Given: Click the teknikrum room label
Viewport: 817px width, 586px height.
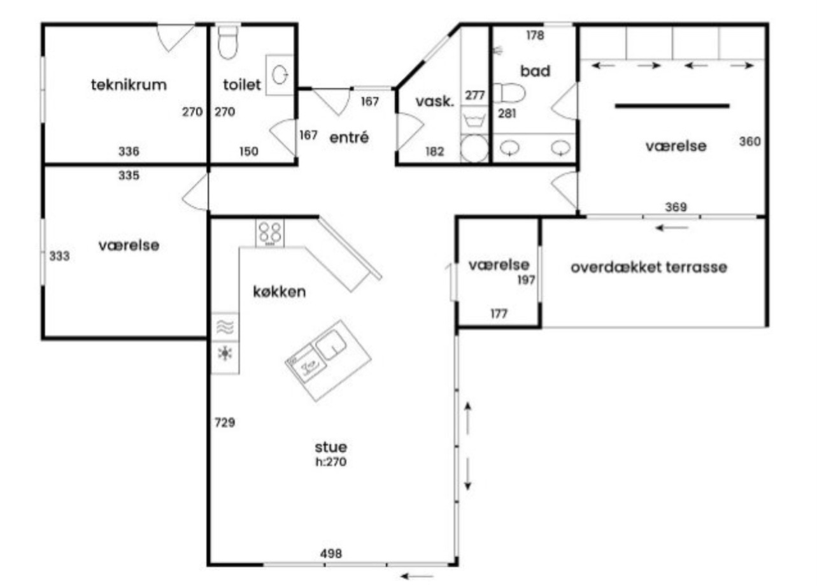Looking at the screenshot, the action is (x=129, y=85).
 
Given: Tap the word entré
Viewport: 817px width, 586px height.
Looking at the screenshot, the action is (x=349, y=138).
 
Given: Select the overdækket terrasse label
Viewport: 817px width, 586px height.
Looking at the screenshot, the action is (x=649, y=268).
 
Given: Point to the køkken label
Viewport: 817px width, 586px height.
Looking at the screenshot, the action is (x=280, y=292).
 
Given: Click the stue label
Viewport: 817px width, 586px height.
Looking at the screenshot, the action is (x=331, y=447).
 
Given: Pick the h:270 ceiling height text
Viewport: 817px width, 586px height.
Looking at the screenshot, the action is (x=331, y=462).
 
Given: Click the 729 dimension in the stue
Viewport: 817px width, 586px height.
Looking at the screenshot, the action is (x=225, y=422).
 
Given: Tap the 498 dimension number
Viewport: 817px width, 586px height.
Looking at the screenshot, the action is (x=331, y=554).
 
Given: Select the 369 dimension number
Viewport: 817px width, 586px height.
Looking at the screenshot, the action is (x=676, y=207).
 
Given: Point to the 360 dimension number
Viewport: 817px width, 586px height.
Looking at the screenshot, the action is (x=750, y=141).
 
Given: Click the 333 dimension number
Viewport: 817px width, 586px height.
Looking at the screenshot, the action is (x=59, y=256).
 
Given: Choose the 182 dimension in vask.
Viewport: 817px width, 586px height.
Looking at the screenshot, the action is (x=435, y=152).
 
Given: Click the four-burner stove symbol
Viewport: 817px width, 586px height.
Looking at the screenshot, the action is (x=270, y=233).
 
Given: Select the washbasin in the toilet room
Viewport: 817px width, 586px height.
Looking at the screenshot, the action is (x=280, y=75).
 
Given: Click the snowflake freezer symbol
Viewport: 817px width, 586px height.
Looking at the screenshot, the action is (x=225, y=354).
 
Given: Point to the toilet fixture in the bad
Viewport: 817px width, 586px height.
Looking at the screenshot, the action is (x=509, y=94).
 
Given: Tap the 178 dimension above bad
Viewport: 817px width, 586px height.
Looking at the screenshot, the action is (x=535, y=36).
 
